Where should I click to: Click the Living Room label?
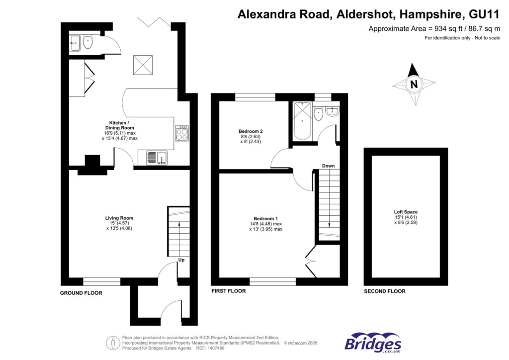pyautogui.click(x=119, y=218)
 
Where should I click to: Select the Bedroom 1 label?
pyautogui.click(x=265, y=219)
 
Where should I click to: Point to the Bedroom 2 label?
pyautogui.click(x=251, y=131)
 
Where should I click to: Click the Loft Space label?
pyautogui.click(x=406, y=212)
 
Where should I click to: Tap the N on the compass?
pyautogui.click(x=413, y=84)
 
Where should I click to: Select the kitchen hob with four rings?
pyautogui.click(x=181, y=133)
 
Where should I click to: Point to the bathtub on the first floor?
pyautogui.click(x=302, y=122)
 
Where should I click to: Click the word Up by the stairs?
pyautogui.click(x=182, y=260)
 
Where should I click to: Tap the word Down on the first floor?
pyautogui.click(x=328, y=166)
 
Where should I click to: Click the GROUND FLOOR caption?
pyautogui.click(x=81, y=293)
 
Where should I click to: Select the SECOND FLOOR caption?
pyautogui.click(x=384, y=291)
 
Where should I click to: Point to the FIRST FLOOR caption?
pyautogui.click(x=229, y=291)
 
